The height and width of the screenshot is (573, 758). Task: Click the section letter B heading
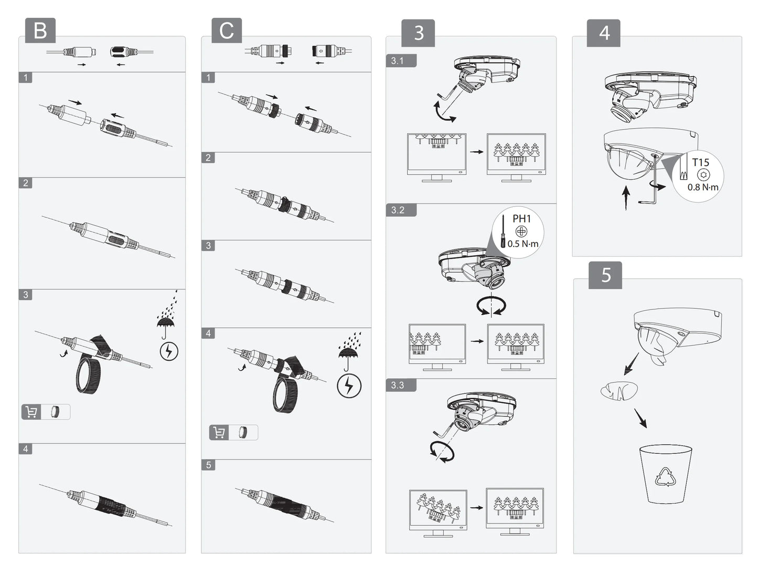[40, 31]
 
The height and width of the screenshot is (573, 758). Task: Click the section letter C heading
[227, 30]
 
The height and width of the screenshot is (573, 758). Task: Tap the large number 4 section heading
[604, 33]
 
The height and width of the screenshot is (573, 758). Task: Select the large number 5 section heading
[606, 275]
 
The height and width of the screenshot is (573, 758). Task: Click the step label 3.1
[398, 61]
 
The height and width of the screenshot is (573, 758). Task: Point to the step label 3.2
[398, 210]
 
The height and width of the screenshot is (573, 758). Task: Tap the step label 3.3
[398, 385]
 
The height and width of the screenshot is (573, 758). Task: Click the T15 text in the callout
[700, 162]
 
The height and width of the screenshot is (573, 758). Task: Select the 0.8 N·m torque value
[703, 187]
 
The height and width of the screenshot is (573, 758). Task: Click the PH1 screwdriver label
[521, 218]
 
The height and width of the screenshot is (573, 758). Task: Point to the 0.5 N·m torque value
[523, 244]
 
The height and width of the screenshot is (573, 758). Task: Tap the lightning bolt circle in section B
[168, 351]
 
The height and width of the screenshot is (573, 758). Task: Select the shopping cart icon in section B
[31, 412]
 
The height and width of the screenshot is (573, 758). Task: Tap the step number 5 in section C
[208, 465]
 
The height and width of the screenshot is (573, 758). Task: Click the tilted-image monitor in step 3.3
[438, 510]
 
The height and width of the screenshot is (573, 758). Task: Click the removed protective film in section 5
[619, 390]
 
